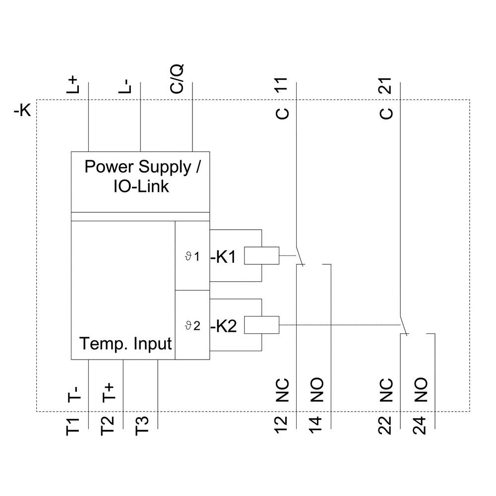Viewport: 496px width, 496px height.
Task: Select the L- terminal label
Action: [x=125, y=85]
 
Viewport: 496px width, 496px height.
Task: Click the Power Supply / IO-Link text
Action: [x=142, y=176]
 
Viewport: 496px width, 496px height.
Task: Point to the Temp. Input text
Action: [x=126, y=343]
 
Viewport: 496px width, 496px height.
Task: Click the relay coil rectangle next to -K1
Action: [x=262, y=256]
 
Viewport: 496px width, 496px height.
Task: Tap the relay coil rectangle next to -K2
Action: [x=262, y=325]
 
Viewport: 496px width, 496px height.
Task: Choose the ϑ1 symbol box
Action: [x=192, y=256]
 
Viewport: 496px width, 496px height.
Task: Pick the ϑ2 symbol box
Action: [x=192, y=325]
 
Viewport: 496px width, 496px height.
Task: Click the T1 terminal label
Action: [x=73, y=427]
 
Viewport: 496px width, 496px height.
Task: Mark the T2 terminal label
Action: [x=108, y=427]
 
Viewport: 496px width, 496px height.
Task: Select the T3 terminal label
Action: [x=142, y=427]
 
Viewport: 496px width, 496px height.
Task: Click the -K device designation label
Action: [x=22, y=110]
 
